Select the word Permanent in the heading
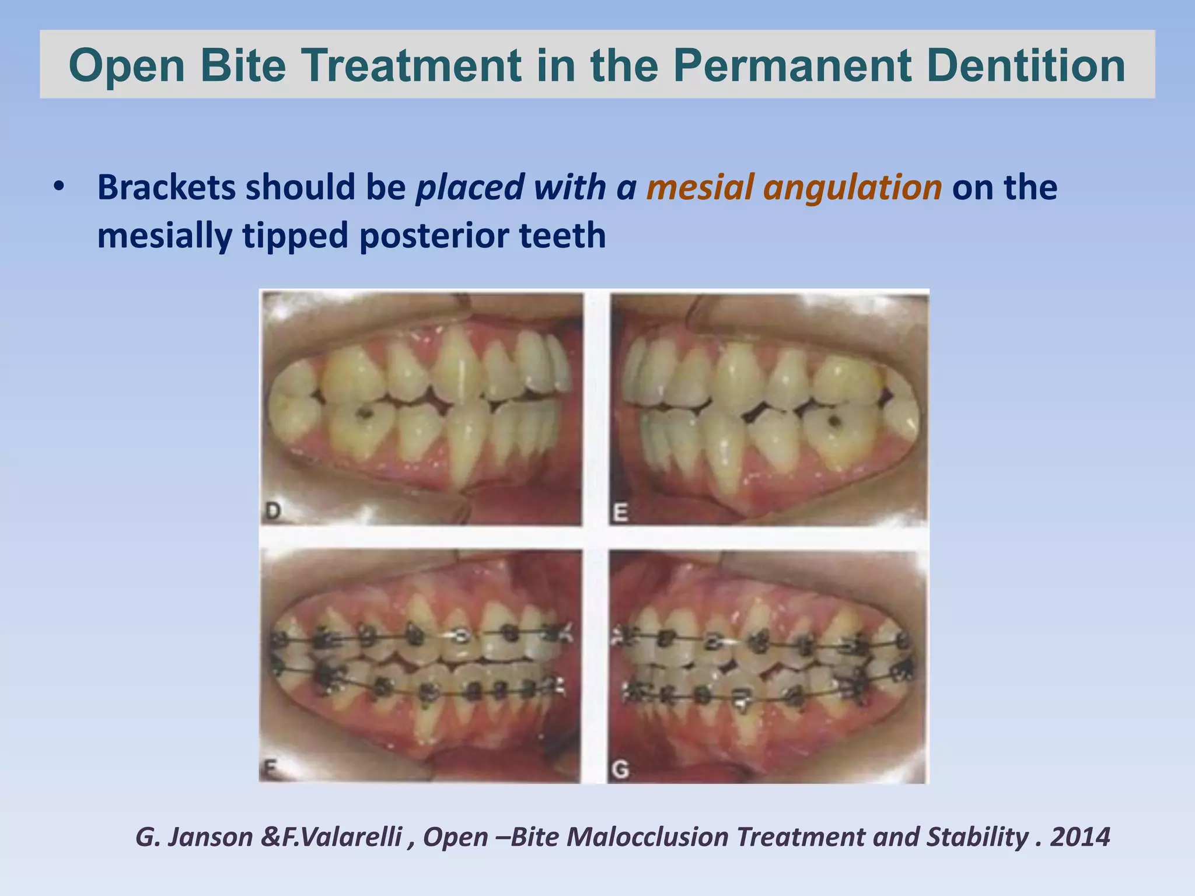coord(793,65)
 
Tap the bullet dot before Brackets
coord(58,188)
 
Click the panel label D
coord(273,512)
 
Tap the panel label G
coord(621,770)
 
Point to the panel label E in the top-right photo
coord(621,513)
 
